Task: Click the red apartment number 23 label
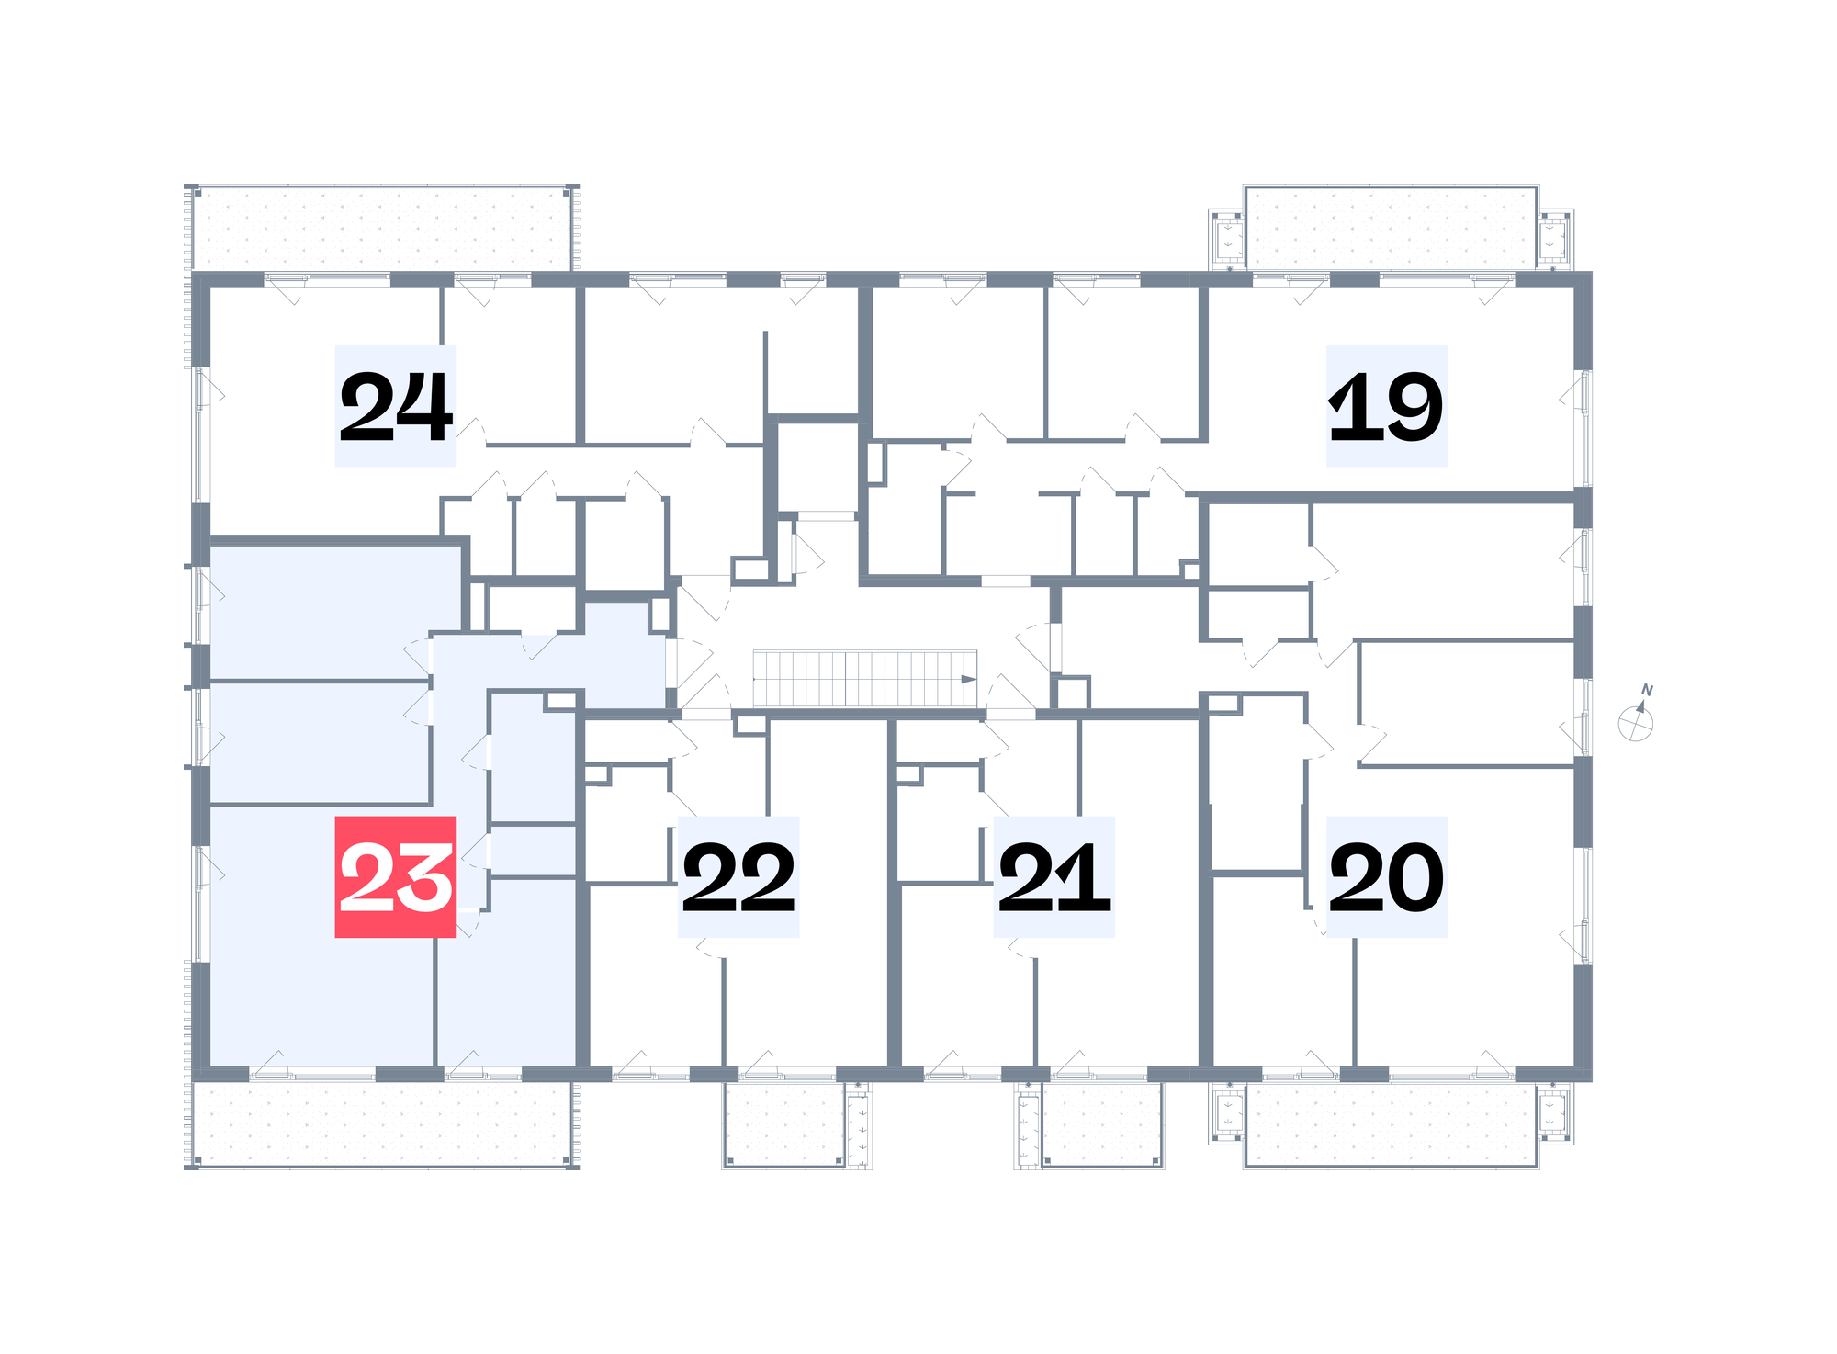395,876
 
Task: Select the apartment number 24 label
395,406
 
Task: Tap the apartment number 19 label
1387,406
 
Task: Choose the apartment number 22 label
738,876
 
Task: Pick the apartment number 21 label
1054,876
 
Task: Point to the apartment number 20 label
1387,876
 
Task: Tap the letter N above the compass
1647,690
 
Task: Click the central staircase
864,679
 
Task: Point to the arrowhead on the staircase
968,680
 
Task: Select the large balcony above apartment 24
382,229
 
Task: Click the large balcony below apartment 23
382,1124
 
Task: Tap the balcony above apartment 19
1391,228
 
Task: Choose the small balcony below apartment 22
784,1124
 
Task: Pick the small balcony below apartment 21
1102,1124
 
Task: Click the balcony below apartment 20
1391,1124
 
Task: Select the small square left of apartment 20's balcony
1227,1113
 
